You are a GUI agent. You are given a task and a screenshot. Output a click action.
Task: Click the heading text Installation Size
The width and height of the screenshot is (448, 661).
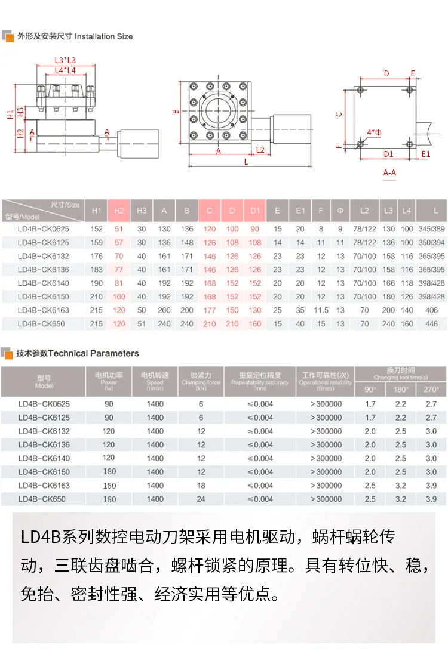pos(103,36)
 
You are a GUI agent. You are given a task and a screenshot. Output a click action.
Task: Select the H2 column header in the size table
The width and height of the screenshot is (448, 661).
pos(119,211)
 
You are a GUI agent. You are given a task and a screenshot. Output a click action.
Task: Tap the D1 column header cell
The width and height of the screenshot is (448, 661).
pos(255,211)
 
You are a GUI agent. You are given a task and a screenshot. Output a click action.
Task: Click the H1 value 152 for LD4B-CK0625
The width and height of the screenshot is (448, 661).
pos(97,229)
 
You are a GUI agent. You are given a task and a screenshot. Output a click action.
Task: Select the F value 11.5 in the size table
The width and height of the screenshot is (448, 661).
pos(321,310)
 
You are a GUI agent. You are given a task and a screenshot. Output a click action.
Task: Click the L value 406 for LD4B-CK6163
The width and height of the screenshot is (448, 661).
pos(432,310)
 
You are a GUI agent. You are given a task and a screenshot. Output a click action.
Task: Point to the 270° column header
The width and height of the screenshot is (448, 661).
pos(431,389)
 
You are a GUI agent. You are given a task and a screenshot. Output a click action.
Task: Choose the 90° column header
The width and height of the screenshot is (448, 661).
pos(370,389)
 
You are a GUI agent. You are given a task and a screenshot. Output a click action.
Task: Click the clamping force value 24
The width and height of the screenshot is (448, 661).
pos(201,499)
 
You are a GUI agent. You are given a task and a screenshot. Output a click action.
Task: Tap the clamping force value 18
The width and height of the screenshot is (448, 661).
pos(201,486)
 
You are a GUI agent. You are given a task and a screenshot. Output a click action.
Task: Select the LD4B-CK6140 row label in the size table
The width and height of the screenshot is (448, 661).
pos(44,283)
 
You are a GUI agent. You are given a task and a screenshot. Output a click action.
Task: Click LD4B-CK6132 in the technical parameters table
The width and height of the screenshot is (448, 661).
pos(44,431)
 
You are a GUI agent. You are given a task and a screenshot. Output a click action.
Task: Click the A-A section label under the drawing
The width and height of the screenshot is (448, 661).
pos(389,172)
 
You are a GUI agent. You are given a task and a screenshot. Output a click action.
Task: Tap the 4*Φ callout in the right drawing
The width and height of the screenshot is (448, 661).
pos(375,132)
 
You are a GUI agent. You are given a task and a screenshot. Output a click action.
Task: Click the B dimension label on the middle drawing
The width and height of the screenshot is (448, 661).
pos(176,112)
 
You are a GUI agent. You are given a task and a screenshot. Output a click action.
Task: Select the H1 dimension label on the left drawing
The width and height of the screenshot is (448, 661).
pos(10,114)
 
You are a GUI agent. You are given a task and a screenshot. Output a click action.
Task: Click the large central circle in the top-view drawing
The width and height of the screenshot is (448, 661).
pos(219,110)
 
